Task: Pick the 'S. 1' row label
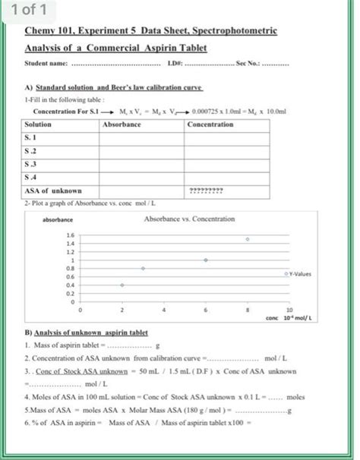click(32, 137)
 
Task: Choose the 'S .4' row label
click(32, 177)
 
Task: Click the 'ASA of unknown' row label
click(53, 191)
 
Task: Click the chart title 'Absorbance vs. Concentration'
click(189, 219)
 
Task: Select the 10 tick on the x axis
click(288, 310)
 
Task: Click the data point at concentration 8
click(247, 239)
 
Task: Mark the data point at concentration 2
click(122, 285)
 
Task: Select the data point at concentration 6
click(205, 260)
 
